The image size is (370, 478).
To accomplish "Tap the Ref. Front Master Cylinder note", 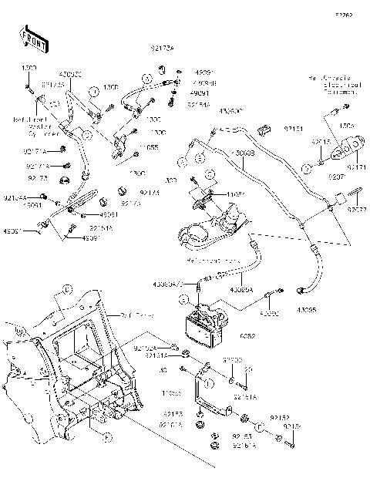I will pyautogui.click(x=29, y=125).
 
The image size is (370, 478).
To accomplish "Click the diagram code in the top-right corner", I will pyautogui.click(x=342, y=15).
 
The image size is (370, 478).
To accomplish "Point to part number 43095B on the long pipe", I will pyautogui.click(x=244, y=153).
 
